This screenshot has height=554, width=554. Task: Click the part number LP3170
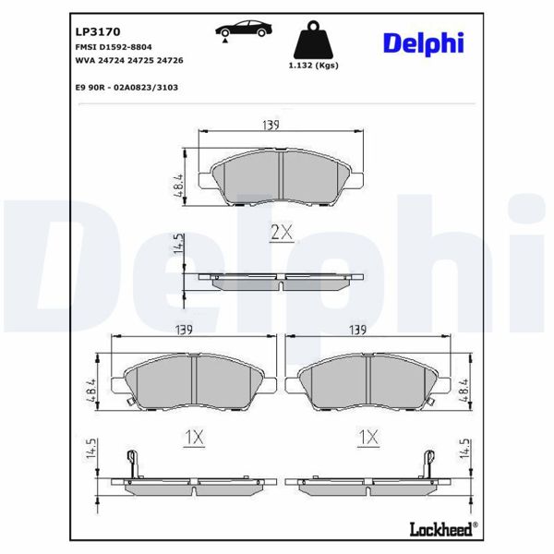click(x=94, y=30)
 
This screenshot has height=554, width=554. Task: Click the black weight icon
click(x=312, y=39)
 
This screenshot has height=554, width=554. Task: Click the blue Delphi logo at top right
click(x=423, y=42)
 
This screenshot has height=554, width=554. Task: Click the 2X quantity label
click(x=281, y=234)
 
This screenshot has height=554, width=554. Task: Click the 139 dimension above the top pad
click(x=270, y=125)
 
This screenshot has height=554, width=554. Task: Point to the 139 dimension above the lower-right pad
click(x=357, y=330)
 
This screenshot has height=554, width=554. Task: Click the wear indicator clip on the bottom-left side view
click(x=131, y=462)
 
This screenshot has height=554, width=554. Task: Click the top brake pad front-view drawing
click(x=281, y=176)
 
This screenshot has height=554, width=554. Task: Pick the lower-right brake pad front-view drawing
click(x=368, y=380)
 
